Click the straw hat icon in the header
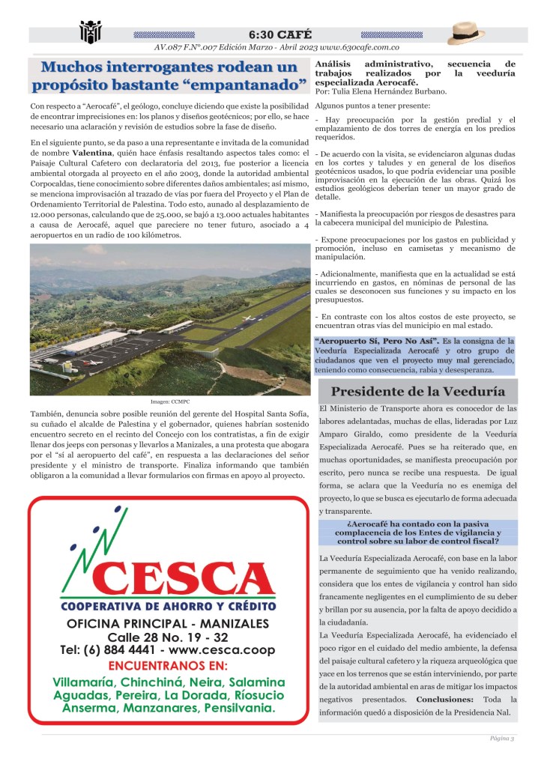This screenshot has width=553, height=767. coord(467,33)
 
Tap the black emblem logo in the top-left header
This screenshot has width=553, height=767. coord(90,32)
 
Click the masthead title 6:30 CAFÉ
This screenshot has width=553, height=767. coord(276,34)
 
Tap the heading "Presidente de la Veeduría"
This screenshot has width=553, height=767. coord(417,391)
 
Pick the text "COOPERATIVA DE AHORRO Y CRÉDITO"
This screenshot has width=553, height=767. coord(169,605)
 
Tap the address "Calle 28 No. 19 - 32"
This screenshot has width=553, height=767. coord(168,637)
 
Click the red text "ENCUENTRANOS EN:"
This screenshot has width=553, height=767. coord(168,666)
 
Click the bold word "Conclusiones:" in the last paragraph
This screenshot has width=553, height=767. coord(444,699)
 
